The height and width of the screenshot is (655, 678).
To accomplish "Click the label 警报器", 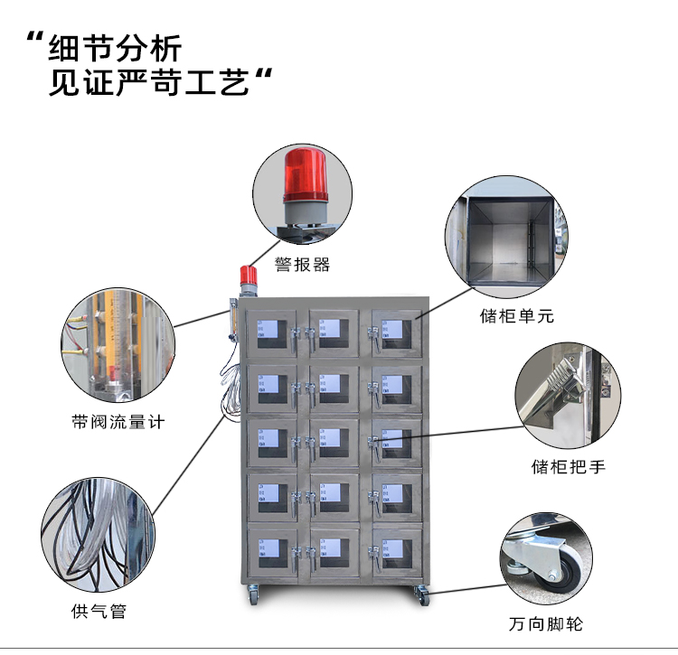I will [302, 266].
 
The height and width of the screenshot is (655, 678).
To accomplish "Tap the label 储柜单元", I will [516, 316].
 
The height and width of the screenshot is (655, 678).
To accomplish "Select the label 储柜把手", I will [568, 467].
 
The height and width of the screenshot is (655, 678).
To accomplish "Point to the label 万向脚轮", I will [545, 624].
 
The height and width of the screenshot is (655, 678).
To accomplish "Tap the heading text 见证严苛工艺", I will [148, 84].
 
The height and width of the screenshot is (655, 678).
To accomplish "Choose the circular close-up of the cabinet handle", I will [568, 394].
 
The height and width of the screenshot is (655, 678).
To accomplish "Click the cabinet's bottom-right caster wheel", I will [421, 594].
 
